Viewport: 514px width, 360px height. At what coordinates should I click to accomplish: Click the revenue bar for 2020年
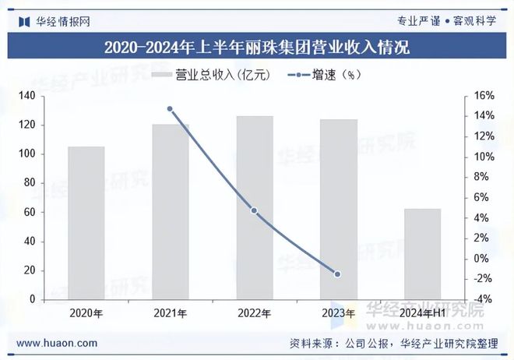[x=86, y=223]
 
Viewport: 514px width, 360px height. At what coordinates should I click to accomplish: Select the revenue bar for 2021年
[x=170, y=212]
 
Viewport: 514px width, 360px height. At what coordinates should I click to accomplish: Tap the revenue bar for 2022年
[x=255, y=208]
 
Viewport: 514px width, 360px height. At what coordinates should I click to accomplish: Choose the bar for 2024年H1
[x=422, y=254]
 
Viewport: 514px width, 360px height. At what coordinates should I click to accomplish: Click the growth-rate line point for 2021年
[x=170, y=108]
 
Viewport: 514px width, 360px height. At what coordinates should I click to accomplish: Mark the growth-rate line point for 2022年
[x=254, y=210]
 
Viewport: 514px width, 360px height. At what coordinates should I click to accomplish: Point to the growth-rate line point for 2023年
[x=337, y=274]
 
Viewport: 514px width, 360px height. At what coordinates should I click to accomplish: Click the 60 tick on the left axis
[x=30, y=212]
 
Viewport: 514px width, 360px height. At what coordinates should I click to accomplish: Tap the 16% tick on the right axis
[x=484, y=96]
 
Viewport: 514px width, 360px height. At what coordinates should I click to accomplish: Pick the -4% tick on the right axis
[x=484, y=299]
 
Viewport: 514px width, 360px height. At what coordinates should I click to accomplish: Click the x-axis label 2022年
[x=254, y=313]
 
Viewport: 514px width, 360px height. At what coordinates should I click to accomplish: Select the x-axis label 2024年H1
[x=422, y=313]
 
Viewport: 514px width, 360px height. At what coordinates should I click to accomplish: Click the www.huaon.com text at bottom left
[x=57, y=343]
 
